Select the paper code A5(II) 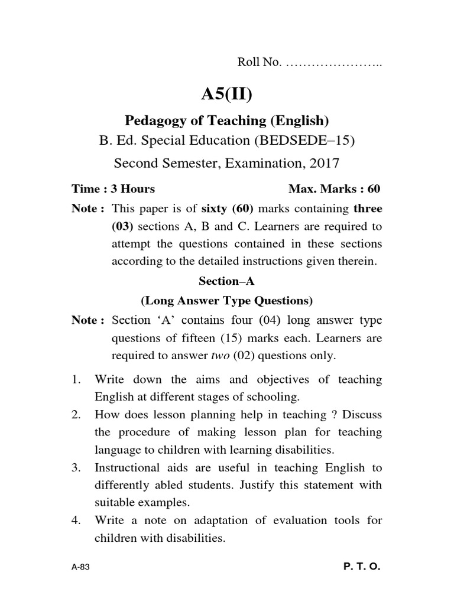click(x=226, y=93)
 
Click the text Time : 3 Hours click(x=113, y=189)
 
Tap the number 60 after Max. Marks click(x=374, y=189)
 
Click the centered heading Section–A click(x=226, y=282)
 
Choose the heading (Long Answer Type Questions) click(x=226, y=301)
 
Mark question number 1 click(x=76, y=379)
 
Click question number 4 click(x=76, y=521)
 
